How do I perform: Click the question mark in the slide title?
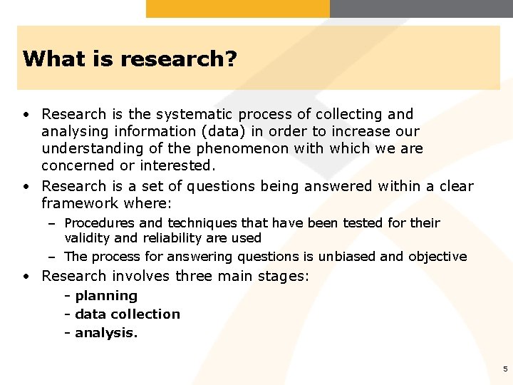click(x=231, y=58)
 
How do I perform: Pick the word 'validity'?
click(x=88, y=238)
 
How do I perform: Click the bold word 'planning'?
click(x=106, y=296)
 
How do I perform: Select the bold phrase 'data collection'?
click(x=128, y=314)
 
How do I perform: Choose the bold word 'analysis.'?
click(x=106, y=332)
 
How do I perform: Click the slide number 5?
click(x=505, y=369)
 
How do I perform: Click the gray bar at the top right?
click(x=421, y=9)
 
